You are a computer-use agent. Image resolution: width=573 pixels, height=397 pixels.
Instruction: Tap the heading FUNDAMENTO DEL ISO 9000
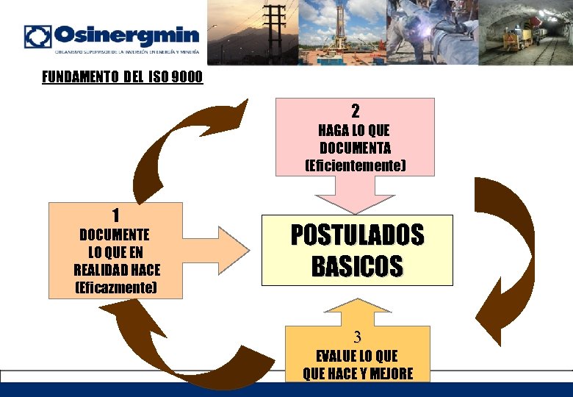[x=122, y=77]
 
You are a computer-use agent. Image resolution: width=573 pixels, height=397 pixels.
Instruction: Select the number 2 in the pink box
[x=355, y=112]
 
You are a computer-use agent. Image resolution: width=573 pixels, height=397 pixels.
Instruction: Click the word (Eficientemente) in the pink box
[x=355, y=165]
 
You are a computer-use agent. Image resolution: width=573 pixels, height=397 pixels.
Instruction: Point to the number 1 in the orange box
[x=115, y=215]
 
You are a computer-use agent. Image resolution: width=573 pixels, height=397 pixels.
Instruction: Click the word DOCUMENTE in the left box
[x=115, y=235]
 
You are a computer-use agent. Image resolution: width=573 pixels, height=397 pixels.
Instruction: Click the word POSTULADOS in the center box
[x=357, y=235]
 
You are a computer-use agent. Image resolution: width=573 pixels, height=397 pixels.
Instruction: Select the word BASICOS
[x=357, y=266]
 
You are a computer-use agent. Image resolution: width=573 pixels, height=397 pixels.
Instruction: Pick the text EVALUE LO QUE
[x=357, y=357]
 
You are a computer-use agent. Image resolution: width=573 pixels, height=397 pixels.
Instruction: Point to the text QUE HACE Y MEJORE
[x=357, y=374]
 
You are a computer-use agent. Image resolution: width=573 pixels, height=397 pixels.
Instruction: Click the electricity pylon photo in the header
[x=253, y=32]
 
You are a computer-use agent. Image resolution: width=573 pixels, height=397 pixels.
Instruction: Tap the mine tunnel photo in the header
[x=525, y=32]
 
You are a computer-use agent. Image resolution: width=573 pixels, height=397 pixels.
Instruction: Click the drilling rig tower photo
[x=342, y=32]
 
